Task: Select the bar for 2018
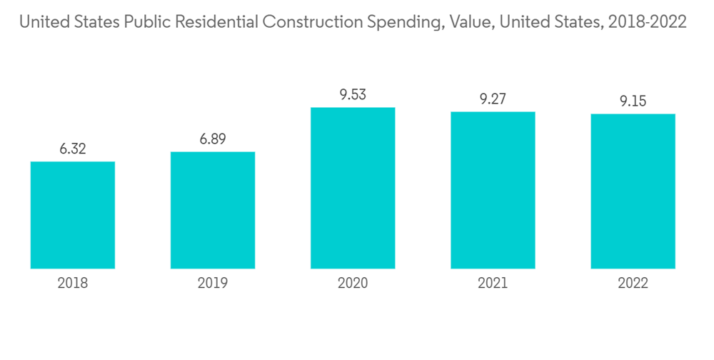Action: click(73, 215)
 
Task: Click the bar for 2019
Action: click(213, 210)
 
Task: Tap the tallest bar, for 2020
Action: click(353, 188)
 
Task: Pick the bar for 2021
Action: click(493, 190)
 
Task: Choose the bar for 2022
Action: click(633, 191)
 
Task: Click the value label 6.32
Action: click(73, 149)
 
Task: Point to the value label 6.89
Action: click(213, 140)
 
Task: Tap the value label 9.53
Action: click(353, 95)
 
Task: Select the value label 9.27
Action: click(493, 99)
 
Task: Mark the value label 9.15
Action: click(633, 101)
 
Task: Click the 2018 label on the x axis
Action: click(73, 284)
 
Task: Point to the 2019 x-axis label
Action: click(213, 284)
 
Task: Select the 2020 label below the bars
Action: click(353, 284)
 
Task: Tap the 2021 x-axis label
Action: click(493, 284)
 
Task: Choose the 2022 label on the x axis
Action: click(633, 284)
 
